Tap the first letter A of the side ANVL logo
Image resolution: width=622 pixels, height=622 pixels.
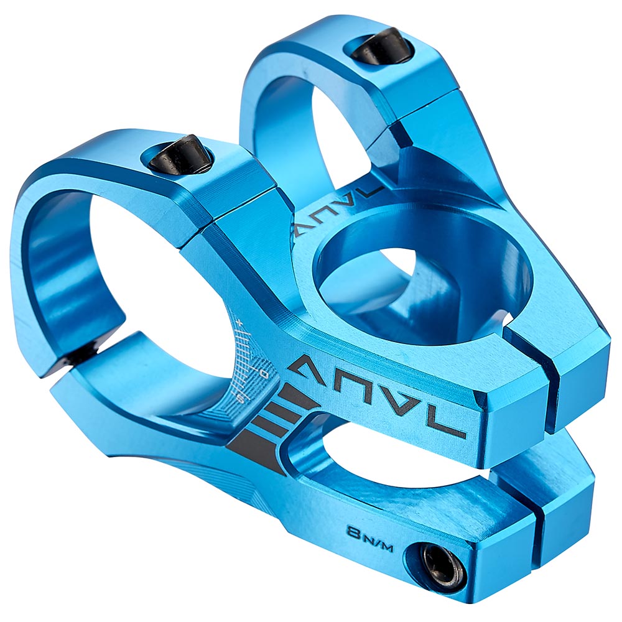[309, 367]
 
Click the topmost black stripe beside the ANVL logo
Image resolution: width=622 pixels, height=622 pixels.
[299, 398]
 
